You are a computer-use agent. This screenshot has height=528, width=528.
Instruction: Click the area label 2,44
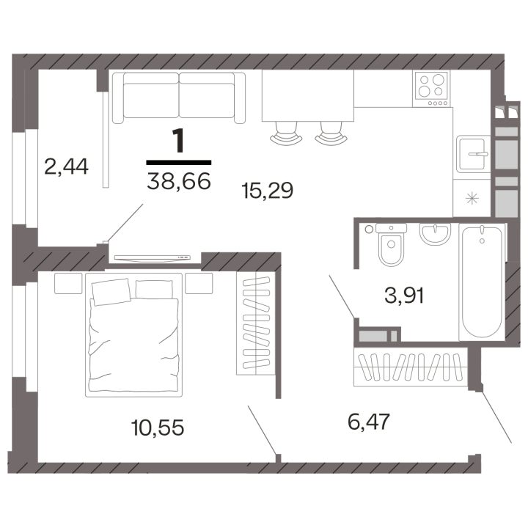point(66,168)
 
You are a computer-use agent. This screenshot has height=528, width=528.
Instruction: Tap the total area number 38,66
point(178,178)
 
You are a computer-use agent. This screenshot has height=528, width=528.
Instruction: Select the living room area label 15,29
point(267,191)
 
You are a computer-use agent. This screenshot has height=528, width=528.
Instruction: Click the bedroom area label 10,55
point(155,426)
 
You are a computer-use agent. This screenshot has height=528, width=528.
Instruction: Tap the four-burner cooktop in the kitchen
point(432,87)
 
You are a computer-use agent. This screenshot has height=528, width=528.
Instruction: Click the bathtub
point(482,282)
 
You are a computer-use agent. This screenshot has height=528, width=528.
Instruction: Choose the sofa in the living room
point(180,98)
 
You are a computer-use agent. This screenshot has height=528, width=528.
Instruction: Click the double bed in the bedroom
point(133,335)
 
